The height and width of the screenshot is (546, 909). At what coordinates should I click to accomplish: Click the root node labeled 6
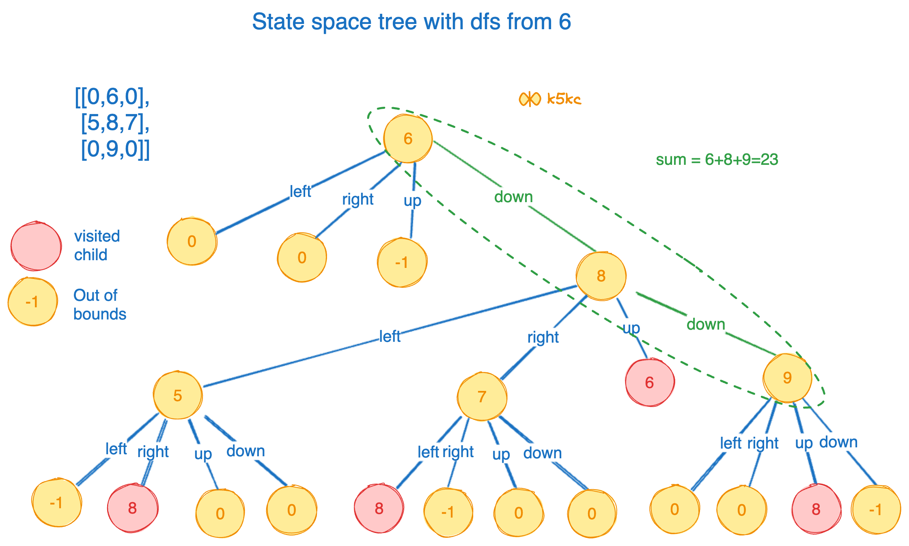coord(407,138)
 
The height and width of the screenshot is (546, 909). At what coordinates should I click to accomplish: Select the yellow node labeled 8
coord(601,276)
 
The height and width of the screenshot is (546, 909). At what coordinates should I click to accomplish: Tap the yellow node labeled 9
coord(787,378)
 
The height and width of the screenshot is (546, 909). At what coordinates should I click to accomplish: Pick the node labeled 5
coord(178,395)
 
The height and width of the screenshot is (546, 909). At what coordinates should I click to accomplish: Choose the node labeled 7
coord(482,397)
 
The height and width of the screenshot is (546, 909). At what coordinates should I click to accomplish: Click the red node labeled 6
coord(649,382)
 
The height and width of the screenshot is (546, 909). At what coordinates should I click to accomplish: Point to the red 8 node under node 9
coord(816,509)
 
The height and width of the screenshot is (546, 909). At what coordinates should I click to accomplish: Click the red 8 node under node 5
coord(132,508)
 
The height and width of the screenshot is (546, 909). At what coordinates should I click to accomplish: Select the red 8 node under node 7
coord(379,508)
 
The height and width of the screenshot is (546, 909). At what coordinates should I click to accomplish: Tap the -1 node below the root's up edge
coord(402,263)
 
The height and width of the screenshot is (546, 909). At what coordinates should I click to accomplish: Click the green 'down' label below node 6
coord(513,197)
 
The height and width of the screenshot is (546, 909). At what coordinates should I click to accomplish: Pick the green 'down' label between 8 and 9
coord(706,324)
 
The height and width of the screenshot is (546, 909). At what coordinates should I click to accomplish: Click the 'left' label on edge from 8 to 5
coord(390,337)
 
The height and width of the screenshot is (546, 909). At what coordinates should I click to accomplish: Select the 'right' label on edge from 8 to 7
coord(543,337)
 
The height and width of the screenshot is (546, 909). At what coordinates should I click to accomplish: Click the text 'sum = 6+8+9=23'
coord(717,160)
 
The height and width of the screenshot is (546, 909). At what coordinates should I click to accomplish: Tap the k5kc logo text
coord(564,99)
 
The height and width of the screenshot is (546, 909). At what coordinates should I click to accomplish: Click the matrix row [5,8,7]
coord(115,123)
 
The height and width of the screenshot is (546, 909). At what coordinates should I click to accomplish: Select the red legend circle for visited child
coord(36,246)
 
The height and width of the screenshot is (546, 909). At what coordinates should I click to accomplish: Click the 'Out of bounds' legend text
coord(99,304)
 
